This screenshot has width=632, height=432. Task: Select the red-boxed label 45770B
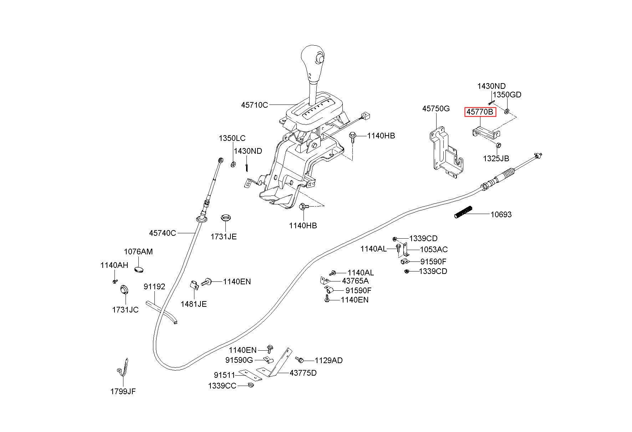(x=480, y=112)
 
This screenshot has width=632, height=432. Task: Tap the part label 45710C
(x=254, y=105)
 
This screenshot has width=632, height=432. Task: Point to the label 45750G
(x=436, y=108)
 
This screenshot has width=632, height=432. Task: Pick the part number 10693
(x=501, y=214)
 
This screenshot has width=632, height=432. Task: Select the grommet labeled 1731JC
(x=123, y=289)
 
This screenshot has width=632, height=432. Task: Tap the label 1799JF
(x=123, y=391)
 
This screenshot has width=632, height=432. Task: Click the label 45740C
(x=162, y=233)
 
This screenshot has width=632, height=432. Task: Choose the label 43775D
(x=303, y=373)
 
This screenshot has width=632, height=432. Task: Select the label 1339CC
(x=222, y=386)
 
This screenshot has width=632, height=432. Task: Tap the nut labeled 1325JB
(x=499, y=145)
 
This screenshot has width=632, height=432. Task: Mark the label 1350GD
(x=507, y=95)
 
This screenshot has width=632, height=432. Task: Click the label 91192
(x=154, y=286)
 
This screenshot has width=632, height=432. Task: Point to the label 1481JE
(x=194, y=304)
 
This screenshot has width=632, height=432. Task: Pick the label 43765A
(x=355, y=281)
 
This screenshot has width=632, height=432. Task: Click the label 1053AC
(x=434, y=249)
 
